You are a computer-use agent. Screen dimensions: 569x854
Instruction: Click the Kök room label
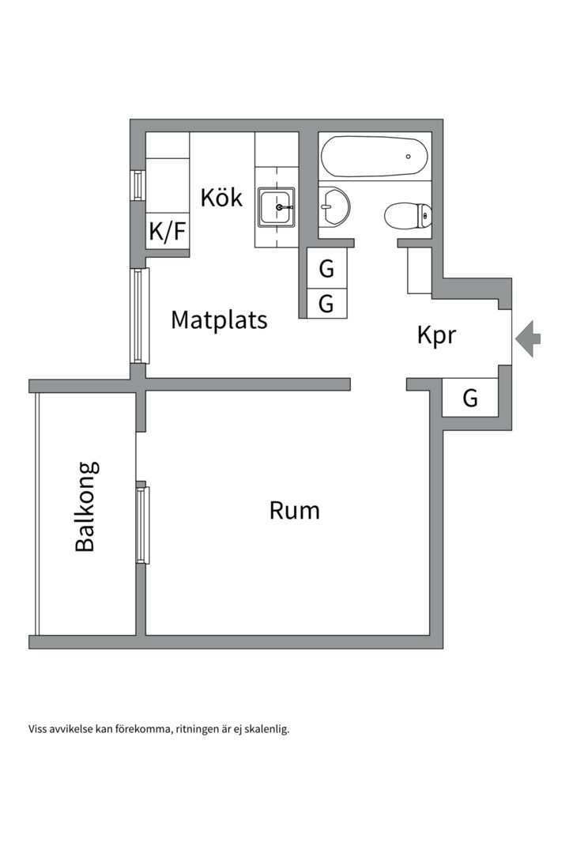coord(221,197)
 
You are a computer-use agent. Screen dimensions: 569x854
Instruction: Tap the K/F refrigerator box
coord(168,232)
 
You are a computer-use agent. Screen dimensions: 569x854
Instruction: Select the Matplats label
coord(219,320)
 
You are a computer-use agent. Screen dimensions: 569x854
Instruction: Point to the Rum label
coord(295,510)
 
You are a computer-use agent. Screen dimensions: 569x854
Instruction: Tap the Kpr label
coord(436,335)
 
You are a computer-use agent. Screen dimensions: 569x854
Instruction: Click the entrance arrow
coord(528,338)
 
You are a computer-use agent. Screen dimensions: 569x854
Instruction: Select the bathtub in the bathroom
coord(374,157)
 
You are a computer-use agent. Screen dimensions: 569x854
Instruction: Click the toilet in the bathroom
coord(408,214)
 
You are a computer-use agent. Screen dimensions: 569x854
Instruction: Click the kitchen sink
coord(277,207)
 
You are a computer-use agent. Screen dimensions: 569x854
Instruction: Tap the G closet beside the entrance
coord(470,398)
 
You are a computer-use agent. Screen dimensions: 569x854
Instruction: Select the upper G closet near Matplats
coord(326,269)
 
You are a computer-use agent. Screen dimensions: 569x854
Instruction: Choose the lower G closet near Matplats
coord(326,304)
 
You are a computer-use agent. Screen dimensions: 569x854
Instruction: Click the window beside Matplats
coord(140,316)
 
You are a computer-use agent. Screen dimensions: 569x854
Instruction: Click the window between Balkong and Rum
coord(142,524)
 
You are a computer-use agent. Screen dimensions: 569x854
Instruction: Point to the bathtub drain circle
coord(408,157)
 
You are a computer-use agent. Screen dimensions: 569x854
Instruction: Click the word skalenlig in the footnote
coord(266,729)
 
